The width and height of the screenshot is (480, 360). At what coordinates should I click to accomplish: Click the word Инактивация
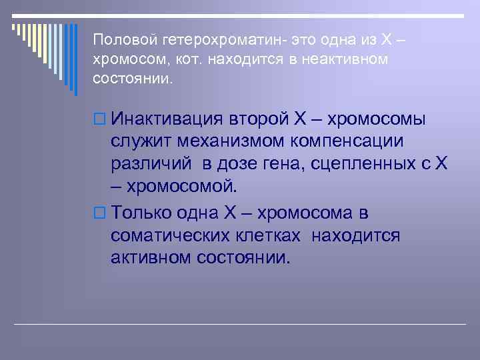(x=167, y=120)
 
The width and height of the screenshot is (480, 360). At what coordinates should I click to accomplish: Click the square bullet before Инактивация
(x=99, y=120)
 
